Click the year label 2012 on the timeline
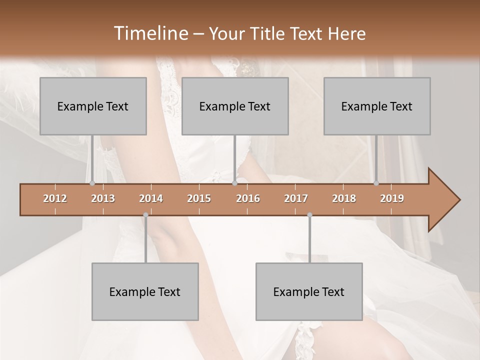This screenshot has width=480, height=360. (x=55, y=198)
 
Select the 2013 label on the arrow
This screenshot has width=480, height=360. (x=103, y=198)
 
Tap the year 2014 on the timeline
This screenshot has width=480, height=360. (x=151, y=198)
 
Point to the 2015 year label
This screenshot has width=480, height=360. (x=199, y=198)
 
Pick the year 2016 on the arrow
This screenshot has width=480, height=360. (x=248, y=198)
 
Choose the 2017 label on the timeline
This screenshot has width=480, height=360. (x=296, y=198)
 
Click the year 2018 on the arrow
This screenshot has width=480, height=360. (x=344, y=198)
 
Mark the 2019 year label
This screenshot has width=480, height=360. (x=392, y=198)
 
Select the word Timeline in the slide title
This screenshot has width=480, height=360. (x=150, y=33)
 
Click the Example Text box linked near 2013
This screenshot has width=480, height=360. (x=93, y=106)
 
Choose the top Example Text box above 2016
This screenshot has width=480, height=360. (x=235, y=106)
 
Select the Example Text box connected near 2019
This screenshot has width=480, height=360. (x=377, y=106)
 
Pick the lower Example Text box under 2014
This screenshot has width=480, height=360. (x=145, y=292)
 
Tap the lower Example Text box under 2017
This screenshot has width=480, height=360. (x=309, y=292)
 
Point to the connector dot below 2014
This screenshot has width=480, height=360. (x=145, y=215)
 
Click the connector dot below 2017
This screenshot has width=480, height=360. (x=309, y=215)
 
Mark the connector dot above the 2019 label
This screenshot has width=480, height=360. (x=376, y=183)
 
